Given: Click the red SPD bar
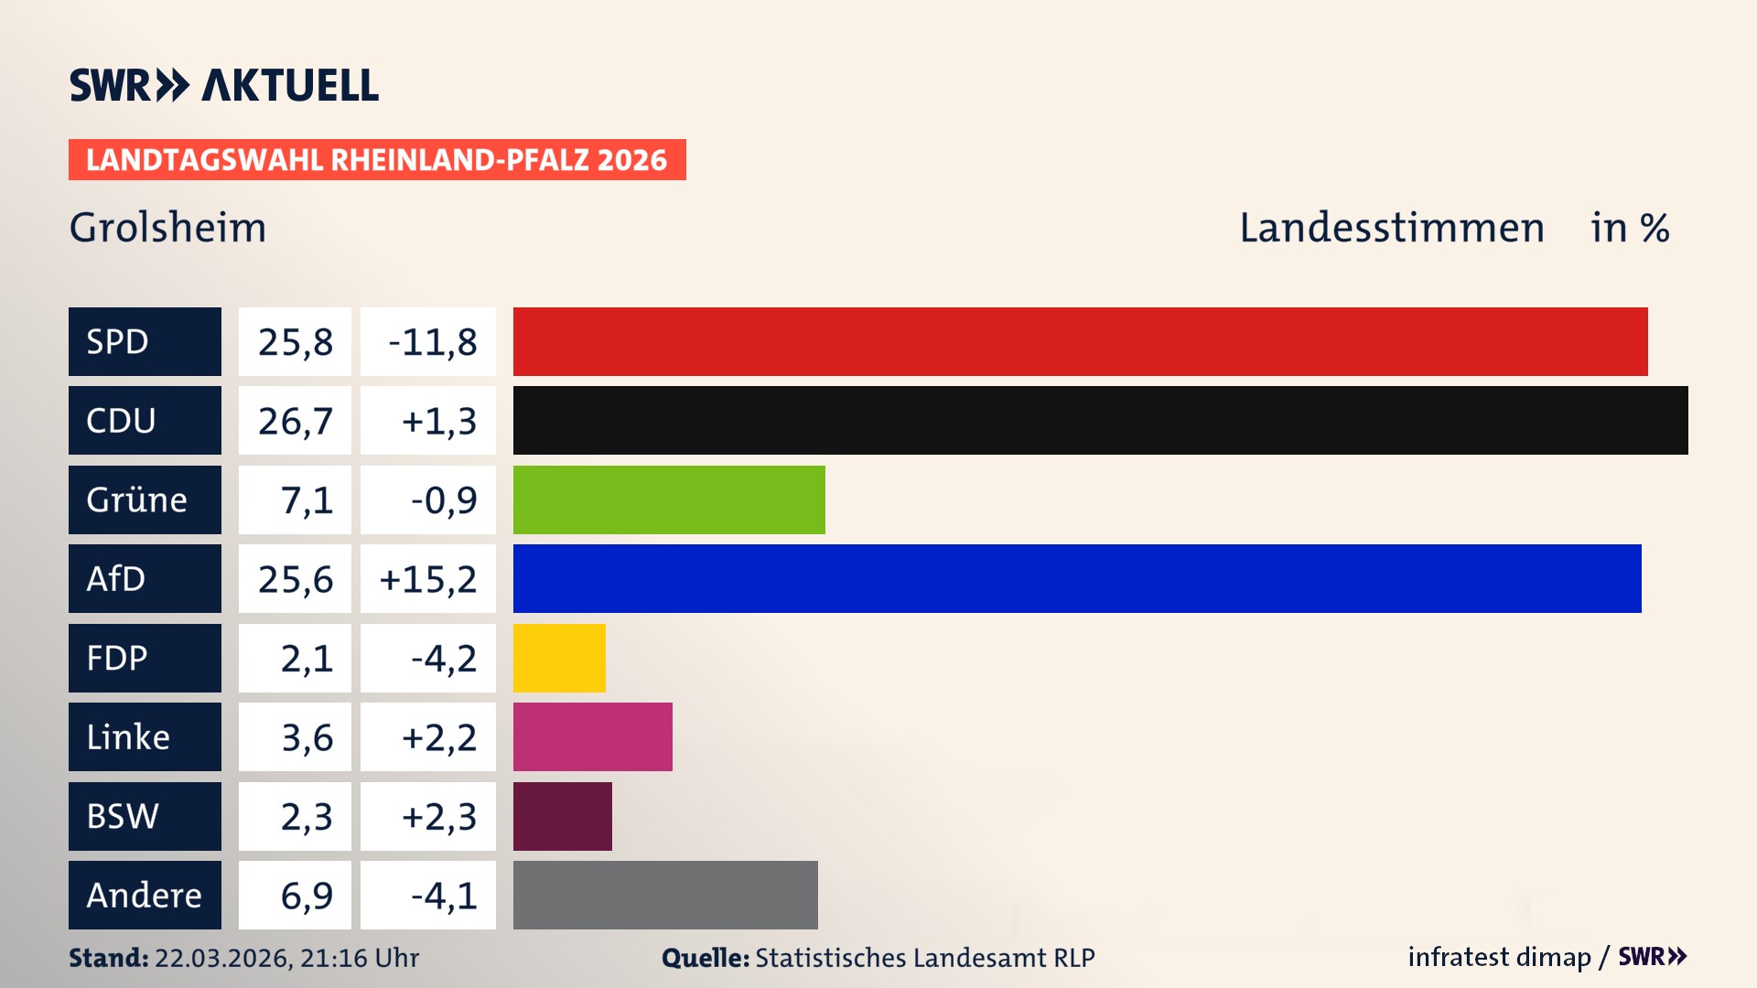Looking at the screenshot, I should tap(1080, 341).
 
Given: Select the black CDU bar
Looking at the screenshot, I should tap(1100, 420).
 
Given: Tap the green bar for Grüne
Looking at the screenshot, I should tap(669, 499).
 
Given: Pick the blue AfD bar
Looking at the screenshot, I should tap(1077, 578).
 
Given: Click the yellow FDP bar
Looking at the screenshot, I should tap(559, 658).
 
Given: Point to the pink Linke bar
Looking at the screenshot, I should tap(592, 736).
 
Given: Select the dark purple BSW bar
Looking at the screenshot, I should tap(562, 816).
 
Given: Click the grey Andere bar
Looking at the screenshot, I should tap(665, 895).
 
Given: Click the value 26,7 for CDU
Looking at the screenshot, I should tap(295, 421).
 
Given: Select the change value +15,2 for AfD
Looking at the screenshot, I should tap(427, 579).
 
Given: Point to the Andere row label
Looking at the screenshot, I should tap(145, 895).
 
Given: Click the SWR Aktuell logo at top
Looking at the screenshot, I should tap(223, 85).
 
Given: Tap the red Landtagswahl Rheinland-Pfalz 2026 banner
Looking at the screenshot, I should tap(376, 160).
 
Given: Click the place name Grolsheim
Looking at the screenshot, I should tap(167, 227).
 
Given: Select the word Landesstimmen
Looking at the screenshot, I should tap(1391, 227).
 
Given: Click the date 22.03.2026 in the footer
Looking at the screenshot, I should tap(221, 958).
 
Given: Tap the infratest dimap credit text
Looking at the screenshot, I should tap(1499, 957).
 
